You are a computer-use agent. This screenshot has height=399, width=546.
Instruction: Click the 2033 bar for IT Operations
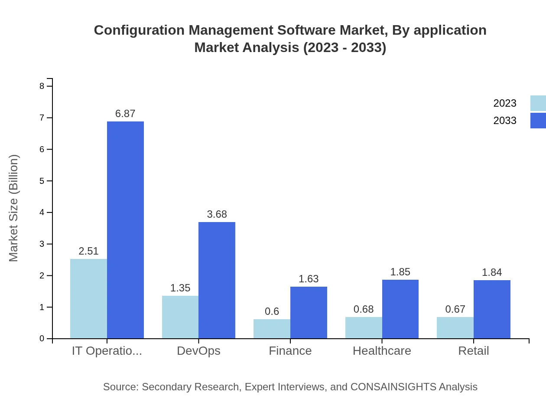(125, 230)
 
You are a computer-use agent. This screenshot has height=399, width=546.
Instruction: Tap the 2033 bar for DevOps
(217, 280)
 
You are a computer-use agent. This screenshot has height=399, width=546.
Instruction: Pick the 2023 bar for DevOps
(180, 317)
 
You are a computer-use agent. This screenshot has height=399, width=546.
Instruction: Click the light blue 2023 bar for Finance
(272, 329)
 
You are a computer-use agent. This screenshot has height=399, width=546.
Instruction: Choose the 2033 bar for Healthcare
(400, 309)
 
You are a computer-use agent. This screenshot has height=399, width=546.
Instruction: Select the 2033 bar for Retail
(492, 309)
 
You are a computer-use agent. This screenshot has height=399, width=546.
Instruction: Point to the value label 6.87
(125, 114)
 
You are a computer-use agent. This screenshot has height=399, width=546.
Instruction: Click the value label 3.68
(217, 214)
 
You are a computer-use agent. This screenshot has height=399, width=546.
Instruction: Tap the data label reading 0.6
(272, 311)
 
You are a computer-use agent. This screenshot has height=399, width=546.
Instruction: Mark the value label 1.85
(400, 272)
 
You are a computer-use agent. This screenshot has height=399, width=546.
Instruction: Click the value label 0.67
(455, 309)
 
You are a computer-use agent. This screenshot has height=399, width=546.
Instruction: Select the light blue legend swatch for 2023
(538, 103)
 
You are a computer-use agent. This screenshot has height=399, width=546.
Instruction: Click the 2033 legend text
(505, 121)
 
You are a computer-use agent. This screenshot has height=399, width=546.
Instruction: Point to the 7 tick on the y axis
(42, 118)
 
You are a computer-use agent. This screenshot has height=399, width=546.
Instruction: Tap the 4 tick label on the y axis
(42, 213)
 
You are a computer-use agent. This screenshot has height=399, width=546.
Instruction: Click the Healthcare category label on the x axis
(382, 350)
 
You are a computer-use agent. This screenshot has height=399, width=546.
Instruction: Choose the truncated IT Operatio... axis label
(107, 350)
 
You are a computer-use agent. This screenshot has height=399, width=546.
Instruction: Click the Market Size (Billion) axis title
(14, 208)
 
